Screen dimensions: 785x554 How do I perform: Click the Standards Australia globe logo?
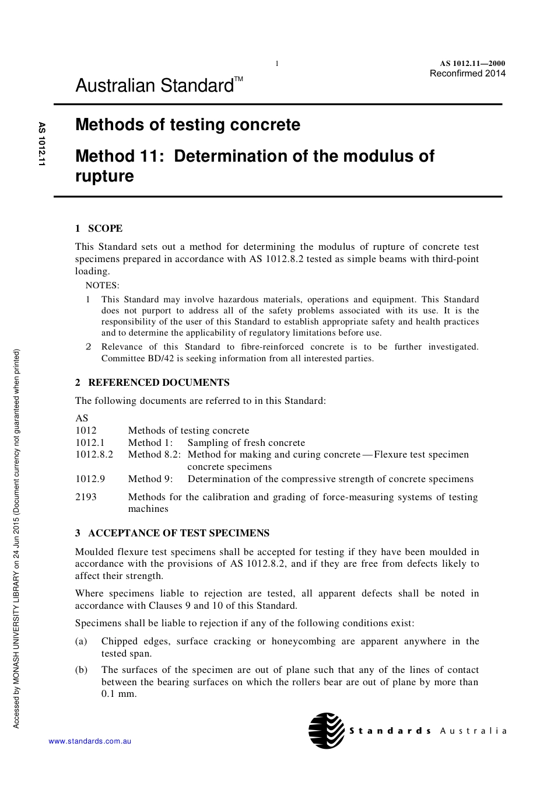327,730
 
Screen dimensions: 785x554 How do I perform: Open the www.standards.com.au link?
90,741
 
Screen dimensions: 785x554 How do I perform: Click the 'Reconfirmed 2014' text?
467,74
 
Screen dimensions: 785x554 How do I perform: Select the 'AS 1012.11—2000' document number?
472,64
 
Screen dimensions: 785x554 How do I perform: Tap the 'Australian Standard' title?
155,86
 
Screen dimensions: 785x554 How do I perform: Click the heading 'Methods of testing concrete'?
188,125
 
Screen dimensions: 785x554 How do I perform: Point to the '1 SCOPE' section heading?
99,228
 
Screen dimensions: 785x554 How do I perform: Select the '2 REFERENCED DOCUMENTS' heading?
152,382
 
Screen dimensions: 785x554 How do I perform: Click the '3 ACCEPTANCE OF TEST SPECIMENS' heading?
172,533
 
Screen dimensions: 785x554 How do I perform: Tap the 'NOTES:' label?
102,285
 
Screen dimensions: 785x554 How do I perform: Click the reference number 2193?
86,497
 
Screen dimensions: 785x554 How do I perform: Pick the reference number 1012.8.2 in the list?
94,454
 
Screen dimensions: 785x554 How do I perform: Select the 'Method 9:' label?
150,479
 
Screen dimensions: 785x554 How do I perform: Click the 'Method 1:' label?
150,442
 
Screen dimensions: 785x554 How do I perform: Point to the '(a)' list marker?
81,641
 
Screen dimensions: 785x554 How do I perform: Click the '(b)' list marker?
81,669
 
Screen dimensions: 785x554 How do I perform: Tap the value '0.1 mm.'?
119,694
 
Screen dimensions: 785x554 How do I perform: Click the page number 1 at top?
277,64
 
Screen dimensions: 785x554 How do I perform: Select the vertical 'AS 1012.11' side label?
41,144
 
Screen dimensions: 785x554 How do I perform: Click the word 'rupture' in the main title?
104,176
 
